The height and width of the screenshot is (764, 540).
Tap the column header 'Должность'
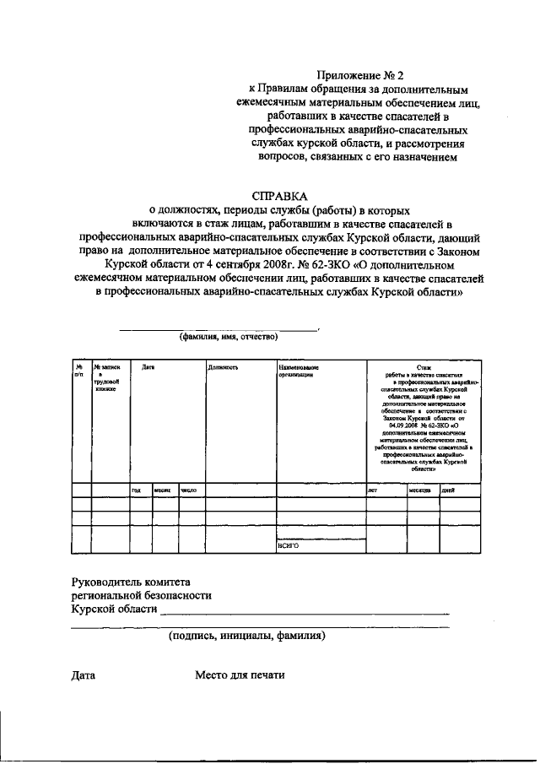(224, 368)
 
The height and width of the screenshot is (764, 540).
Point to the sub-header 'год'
(136, 490)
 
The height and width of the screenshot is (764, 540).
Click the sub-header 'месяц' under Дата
(163, 490)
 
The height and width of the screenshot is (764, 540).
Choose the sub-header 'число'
(189, 490)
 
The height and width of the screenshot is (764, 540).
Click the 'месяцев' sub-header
(420, 490)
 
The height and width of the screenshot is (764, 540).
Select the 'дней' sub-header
(449, 490)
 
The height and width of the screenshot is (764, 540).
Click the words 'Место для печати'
(240, 675)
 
